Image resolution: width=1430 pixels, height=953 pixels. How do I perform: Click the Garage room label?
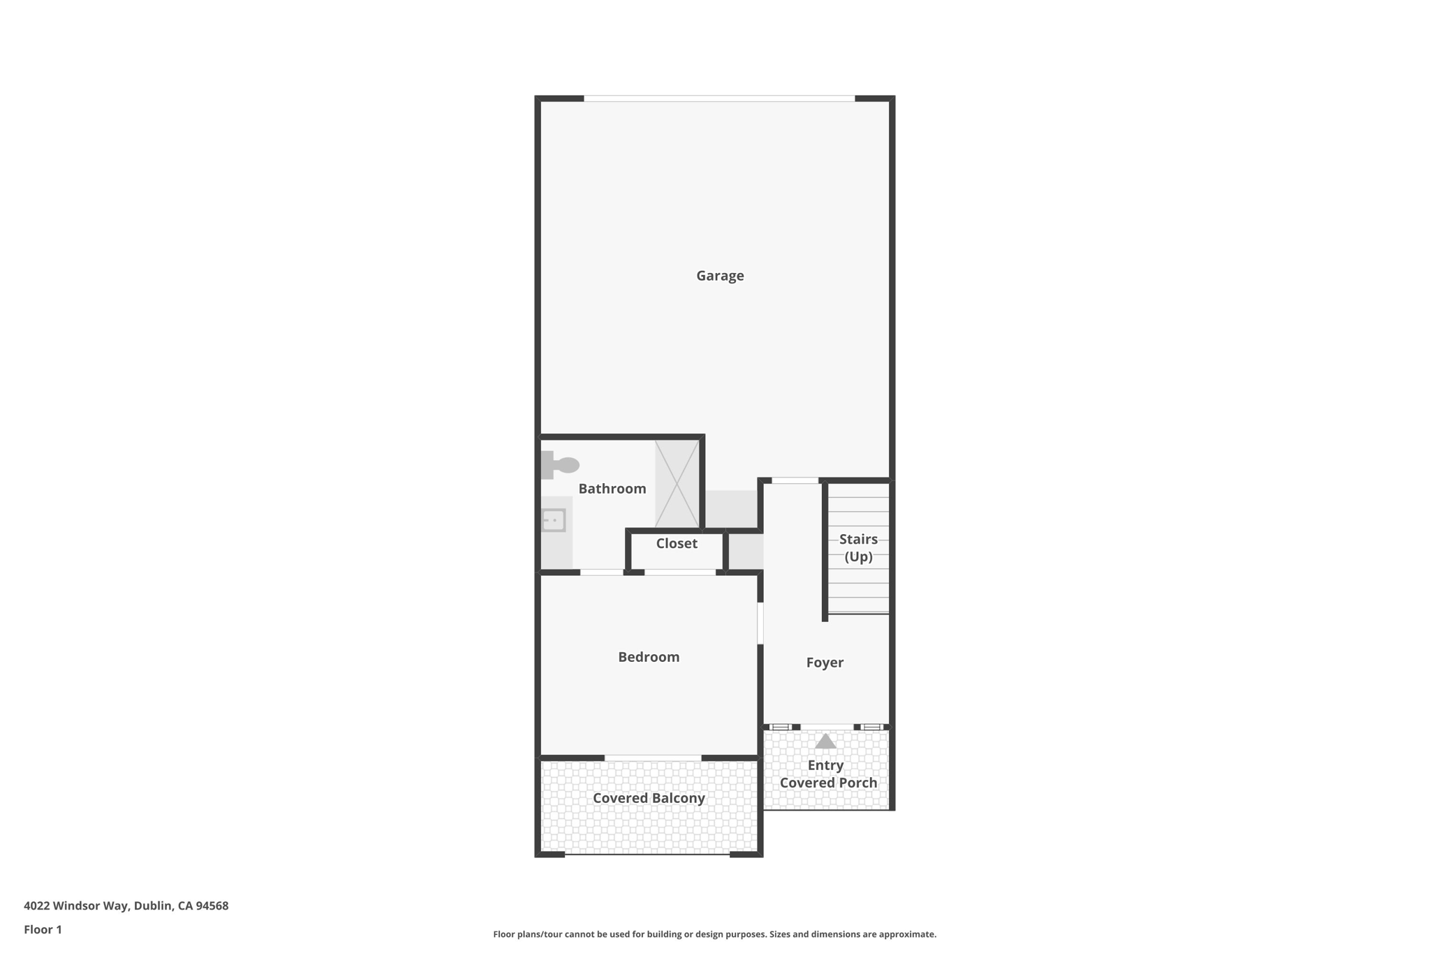coord(720,276)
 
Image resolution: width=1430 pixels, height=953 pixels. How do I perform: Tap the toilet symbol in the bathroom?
coord(560,465)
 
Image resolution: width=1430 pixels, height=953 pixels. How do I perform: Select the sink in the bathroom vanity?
coord(554,520)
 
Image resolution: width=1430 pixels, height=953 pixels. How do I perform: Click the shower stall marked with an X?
coord(677,484)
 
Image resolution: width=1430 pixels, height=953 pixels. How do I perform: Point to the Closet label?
coord(677,543)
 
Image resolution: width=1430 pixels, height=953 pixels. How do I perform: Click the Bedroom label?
coord(649,657)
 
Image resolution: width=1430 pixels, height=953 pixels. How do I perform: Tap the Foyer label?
coord(825,663)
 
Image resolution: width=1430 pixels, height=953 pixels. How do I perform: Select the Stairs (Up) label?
coord(858,547)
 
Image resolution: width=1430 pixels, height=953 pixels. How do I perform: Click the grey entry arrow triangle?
coord(825,741)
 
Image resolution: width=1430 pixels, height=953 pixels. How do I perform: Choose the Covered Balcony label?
coord(649,798)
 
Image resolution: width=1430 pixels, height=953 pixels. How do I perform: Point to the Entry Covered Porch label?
coord(828,774)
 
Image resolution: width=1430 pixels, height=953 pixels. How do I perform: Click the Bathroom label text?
coord(612,489)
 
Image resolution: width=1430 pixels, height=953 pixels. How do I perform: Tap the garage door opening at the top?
coord(719,98)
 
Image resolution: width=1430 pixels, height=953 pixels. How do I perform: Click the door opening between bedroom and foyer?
coord(760,623)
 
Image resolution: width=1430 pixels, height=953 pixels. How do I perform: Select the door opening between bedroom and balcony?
coord(653,758)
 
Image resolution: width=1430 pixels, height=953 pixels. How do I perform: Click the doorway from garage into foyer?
coord(795,480)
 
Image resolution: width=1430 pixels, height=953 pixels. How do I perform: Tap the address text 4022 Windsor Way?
coord(126,906)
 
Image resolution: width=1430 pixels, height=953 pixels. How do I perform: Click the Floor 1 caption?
coord(43,929)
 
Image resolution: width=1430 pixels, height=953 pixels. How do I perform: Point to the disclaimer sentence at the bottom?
coord(714,934)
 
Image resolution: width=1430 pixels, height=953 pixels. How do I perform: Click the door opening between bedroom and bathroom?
coord(601,572)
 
